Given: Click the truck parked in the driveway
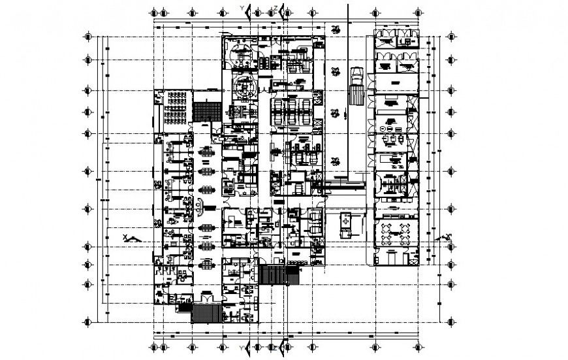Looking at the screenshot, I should click(x=356, y=86).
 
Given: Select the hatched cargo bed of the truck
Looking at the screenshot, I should click(x=356, y=95).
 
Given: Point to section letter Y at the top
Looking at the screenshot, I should click(x=243, y=7).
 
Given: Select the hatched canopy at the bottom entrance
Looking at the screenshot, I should click(x=204, y=314).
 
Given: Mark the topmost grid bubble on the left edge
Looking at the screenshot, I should click(x=87, y=37).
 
